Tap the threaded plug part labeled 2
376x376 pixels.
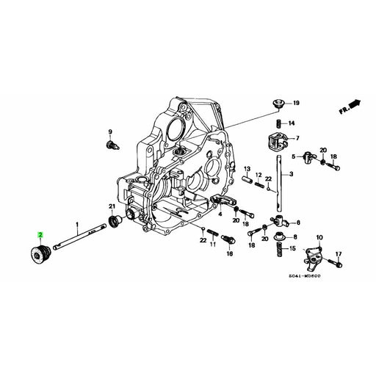(38, 253)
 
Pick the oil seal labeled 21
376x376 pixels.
(113, 222)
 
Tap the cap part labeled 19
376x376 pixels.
(281, 105)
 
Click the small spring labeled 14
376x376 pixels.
(280, 123)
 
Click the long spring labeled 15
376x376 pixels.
(279, 251)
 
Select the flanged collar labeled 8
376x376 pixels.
(280, 238)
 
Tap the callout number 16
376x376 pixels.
(229, 253)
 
